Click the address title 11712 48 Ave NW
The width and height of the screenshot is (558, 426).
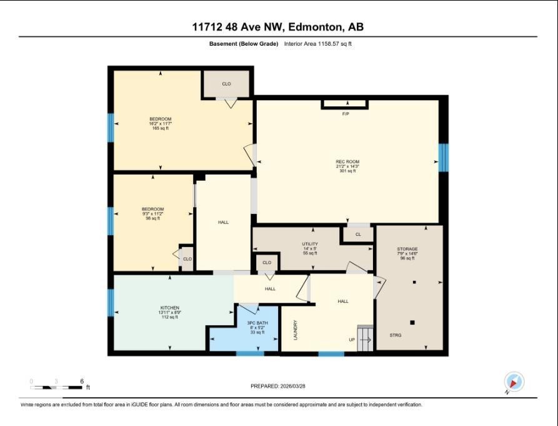coord(278,26)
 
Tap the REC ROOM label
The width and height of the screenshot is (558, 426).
coord(347,162)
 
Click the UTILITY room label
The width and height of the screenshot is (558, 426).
coord(310,244)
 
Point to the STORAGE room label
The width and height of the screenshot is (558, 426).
coord(407,249)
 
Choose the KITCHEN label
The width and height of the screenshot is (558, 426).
coord(170,308)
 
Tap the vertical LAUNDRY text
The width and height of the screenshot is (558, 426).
coord(296,330)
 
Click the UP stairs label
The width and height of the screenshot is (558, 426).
coord(352,340)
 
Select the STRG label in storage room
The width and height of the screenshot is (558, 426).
coord(396,336)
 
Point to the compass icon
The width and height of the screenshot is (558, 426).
coord(514,382)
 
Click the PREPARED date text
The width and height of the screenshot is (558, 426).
coord(279,386)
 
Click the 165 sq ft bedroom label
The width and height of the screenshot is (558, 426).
coord(161,128)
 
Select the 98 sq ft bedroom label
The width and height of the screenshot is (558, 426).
coord(153,218)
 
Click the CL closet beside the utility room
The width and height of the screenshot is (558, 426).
coord(358,235)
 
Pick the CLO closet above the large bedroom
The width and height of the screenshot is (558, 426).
coord(226,83)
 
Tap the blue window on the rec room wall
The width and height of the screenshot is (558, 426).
coord(443,157)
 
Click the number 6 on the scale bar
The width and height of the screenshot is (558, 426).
coord(81,381)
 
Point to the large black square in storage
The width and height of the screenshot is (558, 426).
coord(412,323)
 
